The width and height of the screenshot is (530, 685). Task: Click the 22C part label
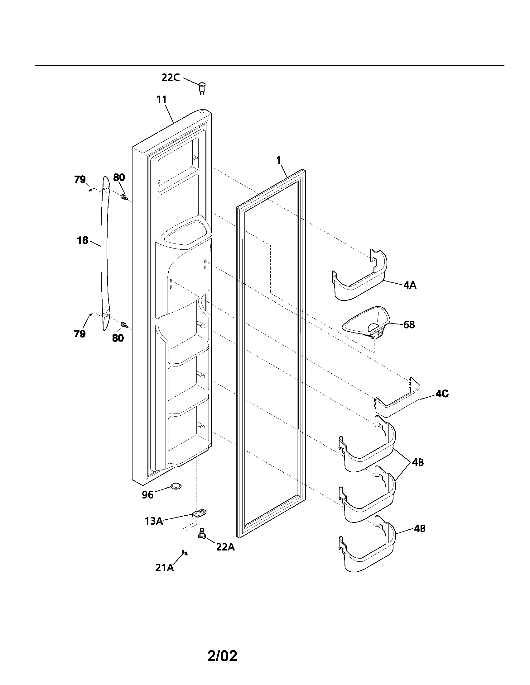[171, 77]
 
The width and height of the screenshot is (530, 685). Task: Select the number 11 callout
[161, 99]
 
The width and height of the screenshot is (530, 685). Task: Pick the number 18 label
[83, 240]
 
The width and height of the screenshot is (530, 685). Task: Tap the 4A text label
[410, 285]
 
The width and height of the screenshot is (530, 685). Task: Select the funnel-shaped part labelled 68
[367, 323]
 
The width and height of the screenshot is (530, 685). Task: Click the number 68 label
[409, 325]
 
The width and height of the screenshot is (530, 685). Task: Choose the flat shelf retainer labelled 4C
[399, 401]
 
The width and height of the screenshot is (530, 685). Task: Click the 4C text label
[442, 394]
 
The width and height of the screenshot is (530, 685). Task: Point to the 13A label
[153, 521]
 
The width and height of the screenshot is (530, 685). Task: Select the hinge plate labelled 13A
[199, 513]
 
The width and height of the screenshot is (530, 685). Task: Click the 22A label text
[225, 547]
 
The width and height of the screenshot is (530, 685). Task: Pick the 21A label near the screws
[164, 568]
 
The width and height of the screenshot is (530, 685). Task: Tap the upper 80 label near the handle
[119, 177]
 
